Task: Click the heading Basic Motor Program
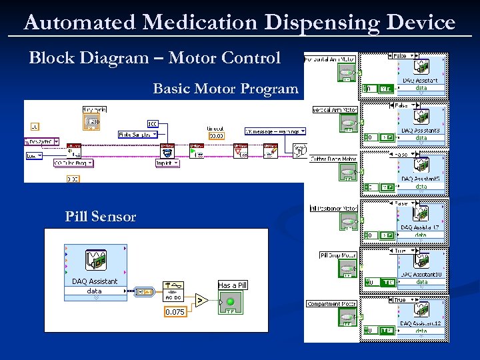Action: pos(225,89)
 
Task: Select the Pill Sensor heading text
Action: pos(101,216)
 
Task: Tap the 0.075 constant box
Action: pos(175,312)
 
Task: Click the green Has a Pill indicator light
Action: pos(231,302)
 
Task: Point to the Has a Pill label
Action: pos(232,285)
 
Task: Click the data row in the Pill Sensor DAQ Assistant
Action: pos(95,291)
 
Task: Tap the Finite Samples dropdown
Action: pos(138,134)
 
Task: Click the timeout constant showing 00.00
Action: pos(217,135)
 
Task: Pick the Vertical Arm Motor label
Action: pos(335,110)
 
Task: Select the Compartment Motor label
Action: pos(332,304)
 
